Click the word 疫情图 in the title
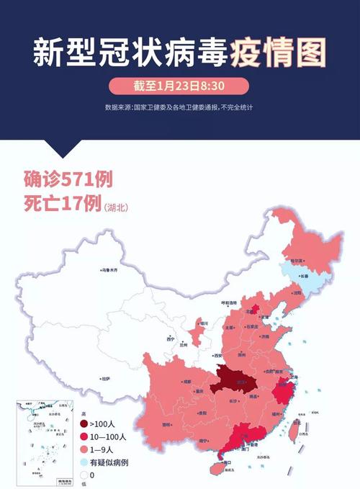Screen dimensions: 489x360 click(x=277, y=52)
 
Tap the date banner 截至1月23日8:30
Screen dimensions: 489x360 click(x=180, y=87)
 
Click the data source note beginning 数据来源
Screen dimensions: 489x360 click(x=179, y=107)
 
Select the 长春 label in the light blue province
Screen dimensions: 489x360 click(x=303, y=276)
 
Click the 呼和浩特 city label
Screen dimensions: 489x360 click(x=229, y=303)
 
